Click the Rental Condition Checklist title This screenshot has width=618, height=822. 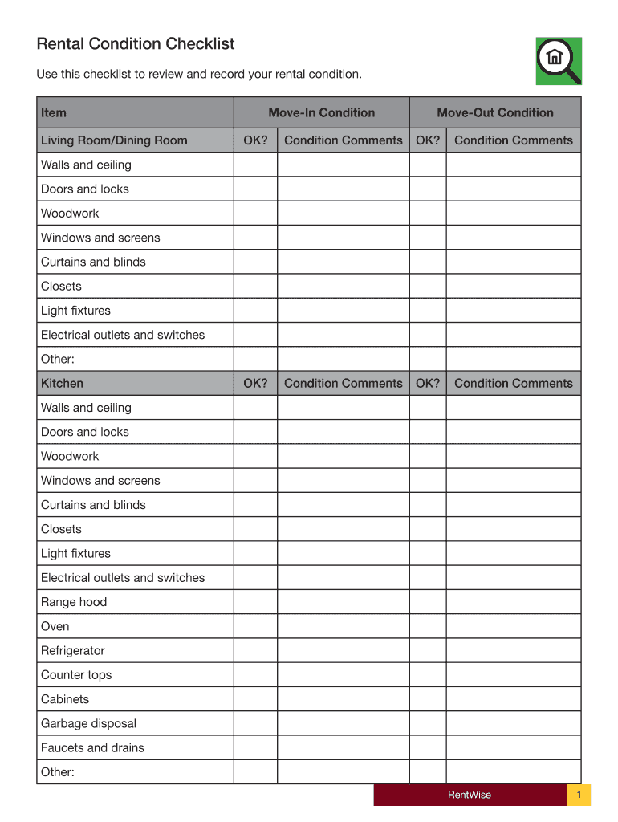point(136,44)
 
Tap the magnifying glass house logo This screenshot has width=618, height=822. point(558,60)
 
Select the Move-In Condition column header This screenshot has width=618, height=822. point(321,113)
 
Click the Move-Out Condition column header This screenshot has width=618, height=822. point(495,113)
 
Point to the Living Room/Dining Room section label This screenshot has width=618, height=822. point(114,140)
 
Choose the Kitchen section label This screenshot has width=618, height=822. point(62,384)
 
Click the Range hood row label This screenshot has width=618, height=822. point(74,602)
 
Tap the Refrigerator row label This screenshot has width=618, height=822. point(73,651)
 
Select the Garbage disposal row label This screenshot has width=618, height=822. point(89,723)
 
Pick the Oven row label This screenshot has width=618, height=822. point(55,626)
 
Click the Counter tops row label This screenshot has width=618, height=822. point(76,675)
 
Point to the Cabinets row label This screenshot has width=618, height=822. point(65,699)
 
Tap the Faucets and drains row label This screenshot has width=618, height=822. point(93,748)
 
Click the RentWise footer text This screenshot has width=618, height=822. point(470,796)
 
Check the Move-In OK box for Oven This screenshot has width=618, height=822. point(255,626)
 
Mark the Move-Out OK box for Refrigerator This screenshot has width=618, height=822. point(428,651)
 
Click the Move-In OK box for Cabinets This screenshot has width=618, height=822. point(255,699)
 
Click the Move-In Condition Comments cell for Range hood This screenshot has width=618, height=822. point(344,602)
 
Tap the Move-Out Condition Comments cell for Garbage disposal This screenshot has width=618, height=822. point(514,723)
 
